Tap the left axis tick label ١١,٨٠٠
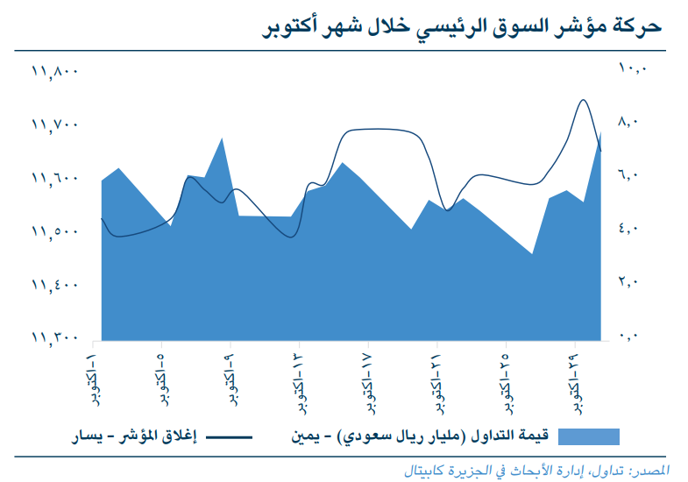(55, 71)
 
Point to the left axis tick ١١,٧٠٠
(55, 124)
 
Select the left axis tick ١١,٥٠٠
(55, 231)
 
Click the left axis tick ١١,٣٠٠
(55, 337)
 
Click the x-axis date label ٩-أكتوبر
(229, 379)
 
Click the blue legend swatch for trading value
(588, 436)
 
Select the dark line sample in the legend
(229, 436)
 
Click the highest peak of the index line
(584, 100)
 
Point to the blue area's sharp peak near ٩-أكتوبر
(222, 138)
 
